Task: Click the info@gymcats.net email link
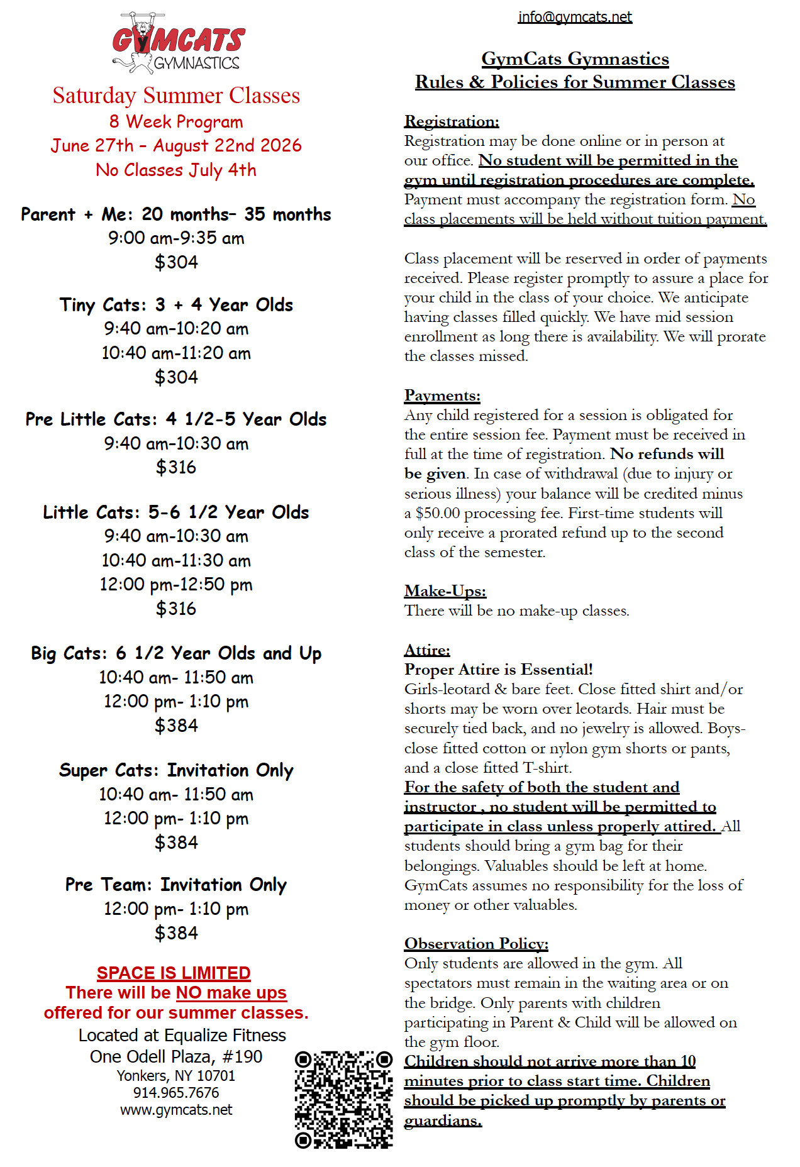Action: tap(575, 17)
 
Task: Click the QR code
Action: tap(343, 1098)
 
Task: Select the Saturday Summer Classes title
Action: tap(176, 96)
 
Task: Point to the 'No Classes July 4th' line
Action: tap(176, 170)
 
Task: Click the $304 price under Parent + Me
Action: tap(176, 262)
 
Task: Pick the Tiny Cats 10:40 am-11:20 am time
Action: tap(176, 353)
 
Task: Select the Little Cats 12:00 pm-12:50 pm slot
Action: tap(176, 585)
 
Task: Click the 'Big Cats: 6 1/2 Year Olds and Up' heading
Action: tap(176, 653)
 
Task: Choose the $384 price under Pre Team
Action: tap(176, 933)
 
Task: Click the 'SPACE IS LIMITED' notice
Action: tap(174, 973)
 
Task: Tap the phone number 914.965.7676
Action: tap(176, 1093)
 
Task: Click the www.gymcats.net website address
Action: tap(176, 1110)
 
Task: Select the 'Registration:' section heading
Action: tap(452, 121)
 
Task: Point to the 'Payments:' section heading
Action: tap(442, 395)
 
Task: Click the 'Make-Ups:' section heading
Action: tap(445, 590)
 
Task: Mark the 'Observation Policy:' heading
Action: tap(476, 943)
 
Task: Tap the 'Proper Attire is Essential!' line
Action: tap(498, 669)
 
